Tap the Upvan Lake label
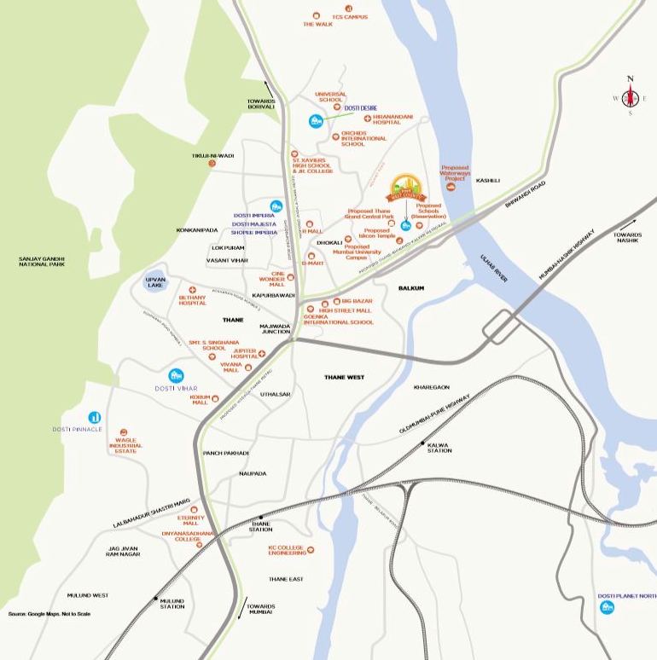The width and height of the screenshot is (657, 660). [155, 282]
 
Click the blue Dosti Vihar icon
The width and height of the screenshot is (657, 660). [177, 375]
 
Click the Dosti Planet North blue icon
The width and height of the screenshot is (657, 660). [607, 607]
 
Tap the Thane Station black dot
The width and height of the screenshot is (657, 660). [261, 518]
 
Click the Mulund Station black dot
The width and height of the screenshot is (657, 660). [155, 598]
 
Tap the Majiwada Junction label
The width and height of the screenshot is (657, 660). [276, 328]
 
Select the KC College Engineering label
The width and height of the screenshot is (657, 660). [287, 550]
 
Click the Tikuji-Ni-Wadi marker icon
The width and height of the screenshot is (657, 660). [212, 163]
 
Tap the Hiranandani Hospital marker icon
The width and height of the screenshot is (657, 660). [367, 119]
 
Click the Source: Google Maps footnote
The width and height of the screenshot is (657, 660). [49, 614]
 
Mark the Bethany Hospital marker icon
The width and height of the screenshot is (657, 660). [193, 290]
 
